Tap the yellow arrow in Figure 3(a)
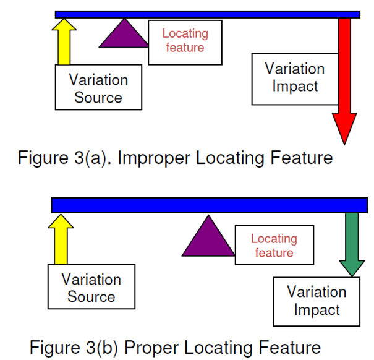64,41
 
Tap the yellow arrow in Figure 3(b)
61,238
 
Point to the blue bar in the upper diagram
207,14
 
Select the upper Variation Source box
98,88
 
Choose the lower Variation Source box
91,287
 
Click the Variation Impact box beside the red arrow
294,77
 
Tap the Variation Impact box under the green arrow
317,301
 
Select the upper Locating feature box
185,41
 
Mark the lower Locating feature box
274,246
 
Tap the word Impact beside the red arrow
294,86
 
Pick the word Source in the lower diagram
91,296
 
